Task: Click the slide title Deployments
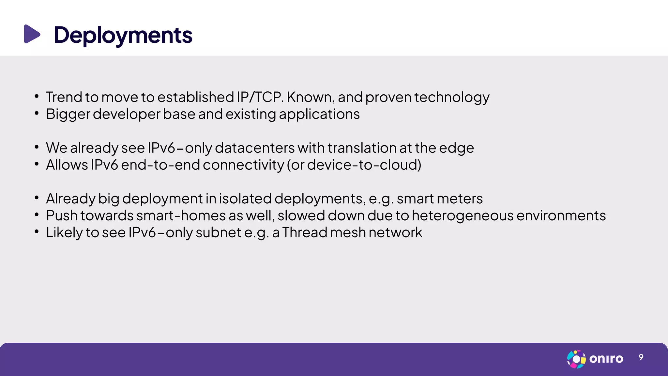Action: [x=123, y=35]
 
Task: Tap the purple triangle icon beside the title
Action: [x=32, y=34]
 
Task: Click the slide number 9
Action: [x=641, y=357]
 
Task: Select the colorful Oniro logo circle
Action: [x=576, y=359]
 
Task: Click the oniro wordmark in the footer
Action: [x=606, y=359]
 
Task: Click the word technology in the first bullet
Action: [x=451, y=98]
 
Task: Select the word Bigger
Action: [x=68, y=115]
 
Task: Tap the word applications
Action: [x=319, y=115]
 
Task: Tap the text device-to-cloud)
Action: [x=364, y=165]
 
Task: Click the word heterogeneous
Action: [x=463, y=216]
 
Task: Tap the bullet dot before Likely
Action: [x=37, y=232]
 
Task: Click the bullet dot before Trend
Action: [x=37, y=96]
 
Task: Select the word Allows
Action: [x=67, y=165]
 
